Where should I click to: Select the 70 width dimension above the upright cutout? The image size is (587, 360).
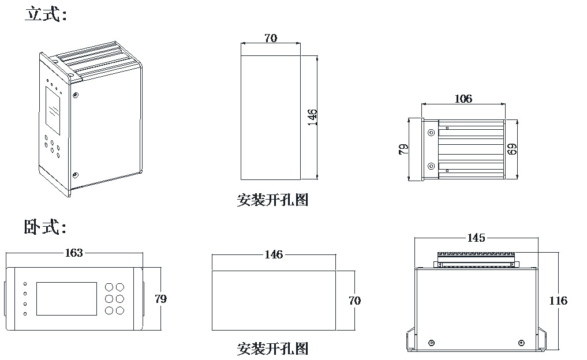[270, 38]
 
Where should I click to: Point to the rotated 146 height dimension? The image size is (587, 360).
[312, 117]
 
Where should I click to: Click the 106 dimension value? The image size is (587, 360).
[463, 99]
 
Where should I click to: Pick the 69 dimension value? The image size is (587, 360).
[512, 149]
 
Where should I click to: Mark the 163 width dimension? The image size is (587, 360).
[74, 253]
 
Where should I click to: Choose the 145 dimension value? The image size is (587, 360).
[476, 238]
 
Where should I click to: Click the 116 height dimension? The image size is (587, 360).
[558, 301]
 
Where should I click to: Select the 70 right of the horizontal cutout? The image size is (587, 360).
[354, 301]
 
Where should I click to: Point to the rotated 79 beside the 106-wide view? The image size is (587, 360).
[404, 150]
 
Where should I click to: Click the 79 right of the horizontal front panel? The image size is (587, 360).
[160, 299]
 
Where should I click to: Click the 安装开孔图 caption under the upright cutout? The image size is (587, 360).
[272, 200]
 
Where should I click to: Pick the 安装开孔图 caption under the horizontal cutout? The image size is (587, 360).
[272, 348]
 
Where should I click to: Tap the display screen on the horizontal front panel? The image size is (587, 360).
[67, 298]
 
